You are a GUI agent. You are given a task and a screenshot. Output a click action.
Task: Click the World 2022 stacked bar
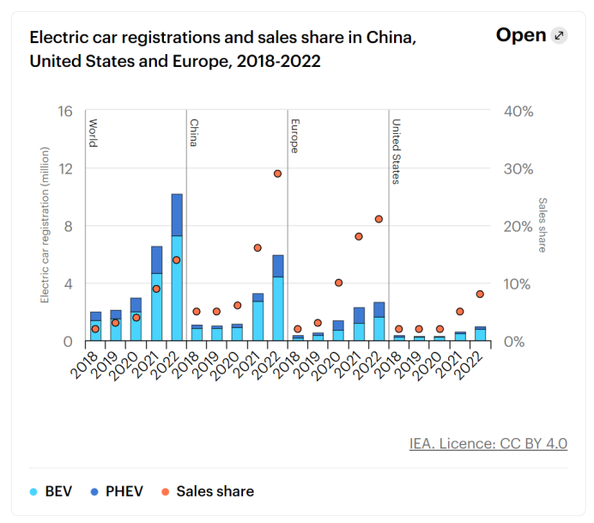(177, 267)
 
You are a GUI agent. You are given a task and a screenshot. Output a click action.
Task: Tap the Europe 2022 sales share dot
(379, 219)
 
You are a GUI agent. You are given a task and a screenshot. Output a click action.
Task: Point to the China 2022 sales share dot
(278, 173)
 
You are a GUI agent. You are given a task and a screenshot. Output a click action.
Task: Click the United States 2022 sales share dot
(480, 294)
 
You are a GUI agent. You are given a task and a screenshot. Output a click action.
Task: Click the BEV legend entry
(51, 492)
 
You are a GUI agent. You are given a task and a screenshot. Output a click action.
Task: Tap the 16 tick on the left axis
(66, 112)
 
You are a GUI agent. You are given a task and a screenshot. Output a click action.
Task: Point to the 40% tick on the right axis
(518, 112)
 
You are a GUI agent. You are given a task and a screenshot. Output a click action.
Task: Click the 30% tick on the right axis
(518, 169)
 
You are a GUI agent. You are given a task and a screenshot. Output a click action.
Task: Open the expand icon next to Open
(560, 35)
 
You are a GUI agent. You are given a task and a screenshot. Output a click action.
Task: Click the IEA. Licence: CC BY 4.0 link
(488, 444)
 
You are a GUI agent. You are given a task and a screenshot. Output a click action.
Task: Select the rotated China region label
(194, 132)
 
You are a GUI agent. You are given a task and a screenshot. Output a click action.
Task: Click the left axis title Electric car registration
(44, 225)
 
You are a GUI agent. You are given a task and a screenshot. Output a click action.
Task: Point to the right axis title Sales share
(542, 225)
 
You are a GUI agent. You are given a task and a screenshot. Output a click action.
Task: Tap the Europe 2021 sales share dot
(359, 236)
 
